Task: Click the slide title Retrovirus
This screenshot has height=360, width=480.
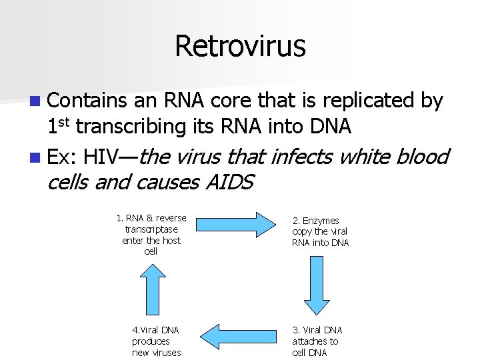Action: [x=240, y=47]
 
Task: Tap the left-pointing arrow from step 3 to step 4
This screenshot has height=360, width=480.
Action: [x=239, y=335]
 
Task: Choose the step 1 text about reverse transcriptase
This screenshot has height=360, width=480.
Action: [x=151, y=235]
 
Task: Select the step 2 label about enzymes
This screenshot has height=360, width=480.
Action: [x=320, y=231]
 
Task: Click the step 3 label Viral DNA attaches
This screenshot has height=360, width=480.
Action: [x=317, y=341]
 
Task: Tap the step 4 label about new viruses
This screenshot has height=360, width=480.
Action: [x=156, y=341]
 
